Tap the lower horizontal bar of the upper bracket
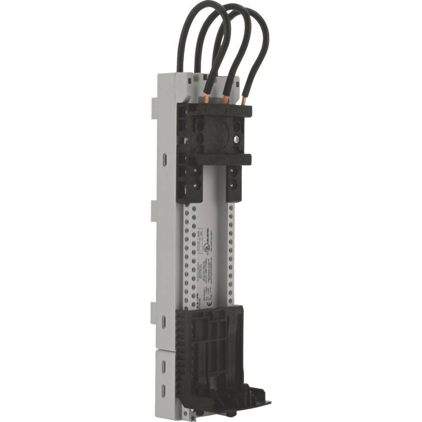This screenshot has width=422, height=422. (x=219, y=160)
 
